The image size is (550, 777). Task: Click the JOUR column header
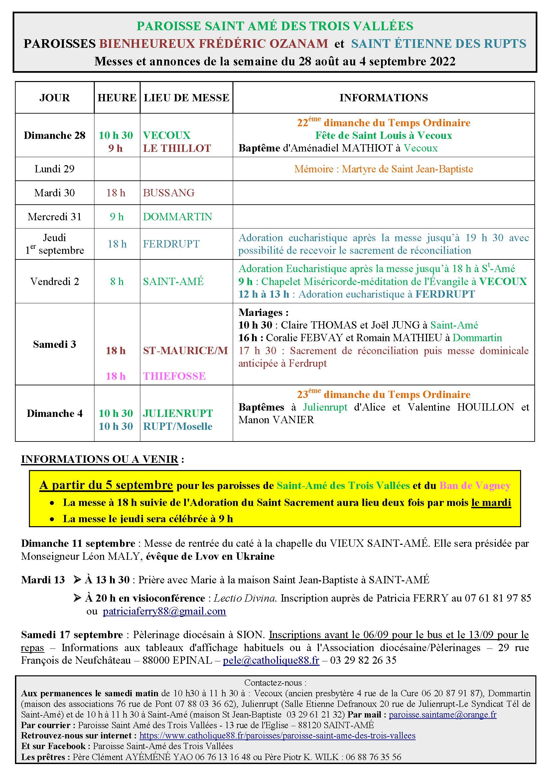55,98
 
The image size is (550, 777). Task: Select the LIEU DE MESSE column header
186,98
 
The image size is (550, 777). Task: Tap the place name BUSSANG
169,193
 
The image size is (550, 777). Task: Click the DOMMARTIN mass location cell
178,217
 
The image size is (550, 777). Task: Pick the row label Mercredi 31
55,217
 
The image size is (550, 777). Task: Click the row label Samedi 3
55,344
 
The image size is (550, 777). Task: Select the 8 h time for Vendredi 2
117,282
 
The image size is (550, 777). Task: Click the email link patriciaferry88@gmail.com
164,611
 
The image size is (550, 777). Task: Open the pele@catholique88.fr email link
271,660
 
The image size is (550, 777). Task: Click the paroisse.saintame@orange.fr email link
443,715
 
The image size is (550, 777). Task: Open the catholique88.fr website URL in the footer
277,736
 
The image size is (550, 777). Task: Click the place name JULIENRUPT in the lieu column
178,413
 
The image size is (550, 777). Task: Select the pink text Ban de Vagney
475,486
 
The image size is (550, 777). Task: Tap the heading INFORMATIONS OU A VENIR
99,459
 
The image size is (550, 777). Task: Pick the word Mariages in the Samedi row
260,312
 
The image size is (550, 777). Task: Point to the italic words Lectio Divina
245,598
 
